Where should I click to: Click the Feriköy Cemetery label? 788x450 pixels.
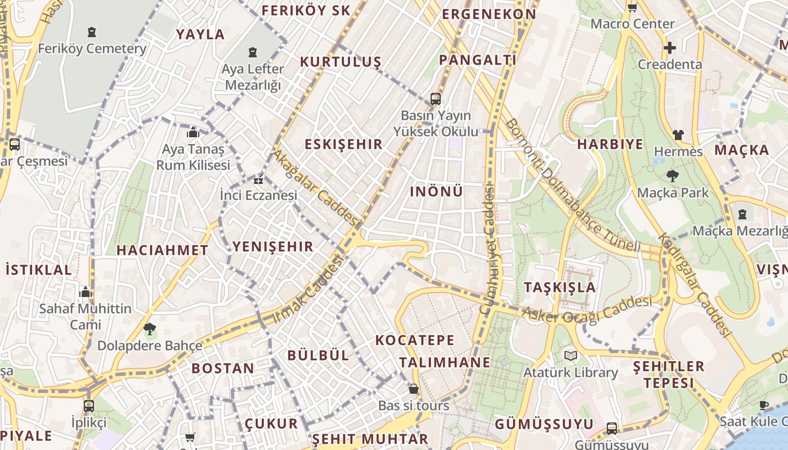(92, 49)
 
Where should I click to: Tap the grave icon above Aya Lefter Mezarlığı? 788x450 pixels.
(253, 53)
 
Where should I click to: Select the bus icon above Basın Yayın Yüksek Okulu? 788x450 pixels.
(435, 99)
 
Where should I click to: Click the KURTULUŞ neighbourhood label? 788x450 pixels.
(341, 62)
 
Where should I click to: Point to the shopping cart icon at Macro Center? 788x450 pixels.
(632, 8)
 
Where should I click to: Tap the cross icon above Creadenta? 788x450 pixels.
(669, 48)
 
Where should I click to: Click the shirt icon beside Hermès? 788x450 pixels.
(678, 135)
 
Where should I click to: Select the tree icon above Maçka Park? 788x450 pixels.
(672, 176)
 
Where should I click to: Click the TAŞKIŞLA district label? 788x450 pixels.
(559, 287)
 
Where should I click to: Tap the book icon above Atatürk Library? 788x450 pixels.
(571, 355)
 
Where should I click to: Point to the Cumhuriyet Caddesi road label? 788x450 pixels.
(487, 250)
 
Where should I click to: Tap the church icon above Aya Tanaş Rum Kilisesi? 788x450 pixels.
(193, 133)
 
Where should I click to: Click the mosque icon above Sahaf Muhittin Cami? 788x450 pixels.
(86, 292)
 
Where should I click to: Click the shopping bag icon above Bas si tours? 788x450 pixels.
(414, 389)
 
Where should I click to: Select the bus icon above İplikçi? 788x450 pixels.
(88, 406)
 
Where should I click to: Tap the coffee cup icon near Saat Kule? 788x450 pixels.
(764, 405)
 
